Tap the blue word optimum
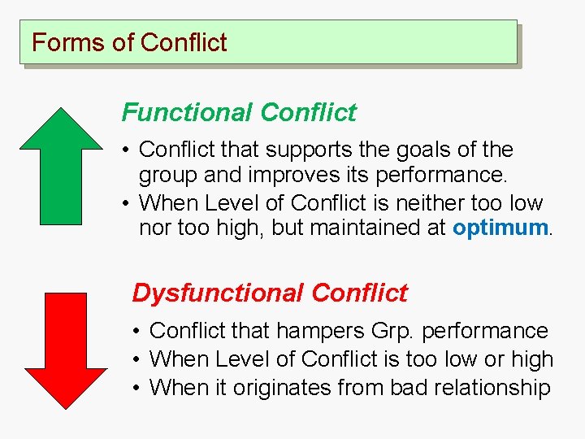[x=500, y=228]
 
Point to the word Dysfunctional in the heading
[x=217, y=293]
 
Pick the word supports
[x=301, y=150]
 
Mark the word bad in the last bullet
[x=410, y=387]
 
